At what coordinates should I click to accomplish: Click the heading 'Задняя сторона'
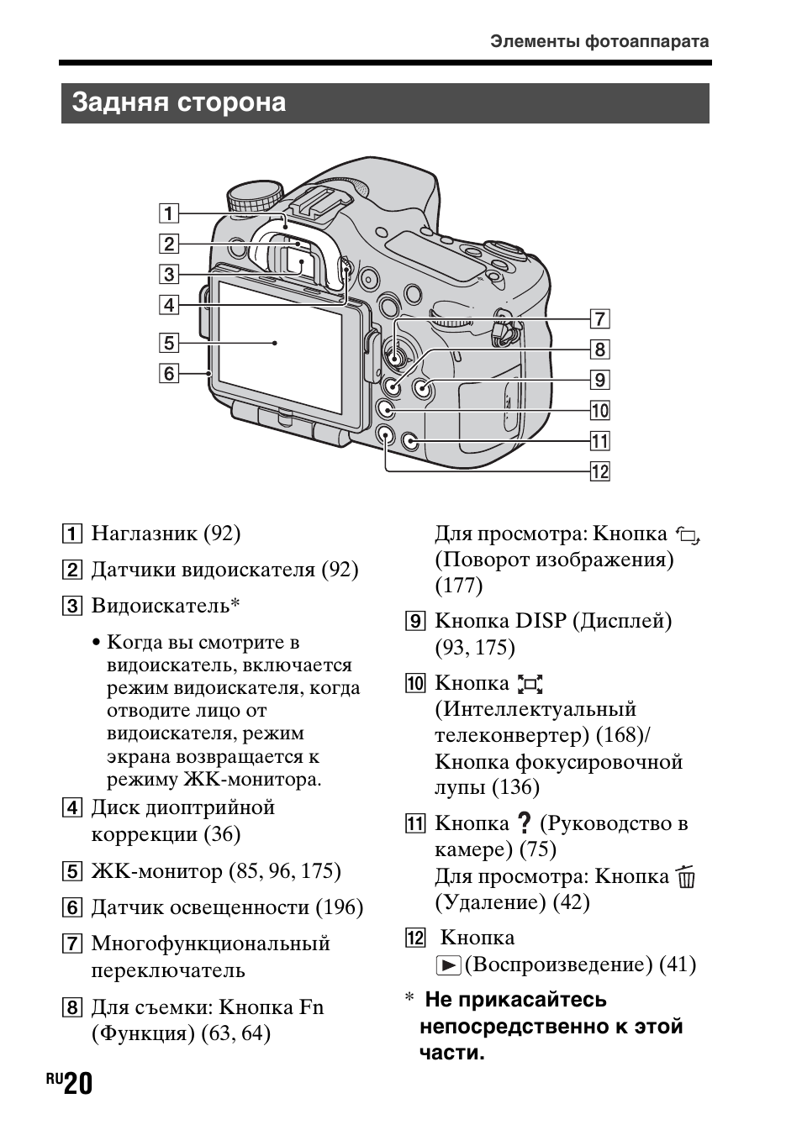click(x=179, y=102)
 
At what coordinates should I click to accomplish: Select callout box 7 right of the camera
click(x=599, y=318)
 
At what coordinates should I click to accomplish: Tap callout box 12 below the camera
click(x=599, y=470)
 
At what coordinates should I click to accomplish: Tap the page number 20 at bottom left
click(x=77, y=1085)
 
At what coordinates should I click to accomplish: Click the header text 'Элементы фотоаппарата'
click(x=599, y=41)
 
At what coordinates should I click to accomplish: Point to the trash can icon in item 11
click(x=686, y=877)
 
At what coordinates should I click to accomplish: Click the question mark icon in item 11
click(x=525, y=824)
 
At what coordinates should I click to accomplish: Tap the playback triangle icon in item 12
click(x=448, y=965)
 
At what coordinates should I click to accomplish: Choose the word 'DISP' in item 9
click(x=541, y=621)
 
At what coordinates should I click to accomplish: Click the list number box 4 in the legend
click(x=74, y=808)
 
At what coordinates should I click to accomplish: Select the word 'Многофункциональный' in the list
click(x=210, y=943)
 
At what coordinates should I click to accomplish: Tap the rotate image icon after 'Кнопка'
click(x=687, y=535)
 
